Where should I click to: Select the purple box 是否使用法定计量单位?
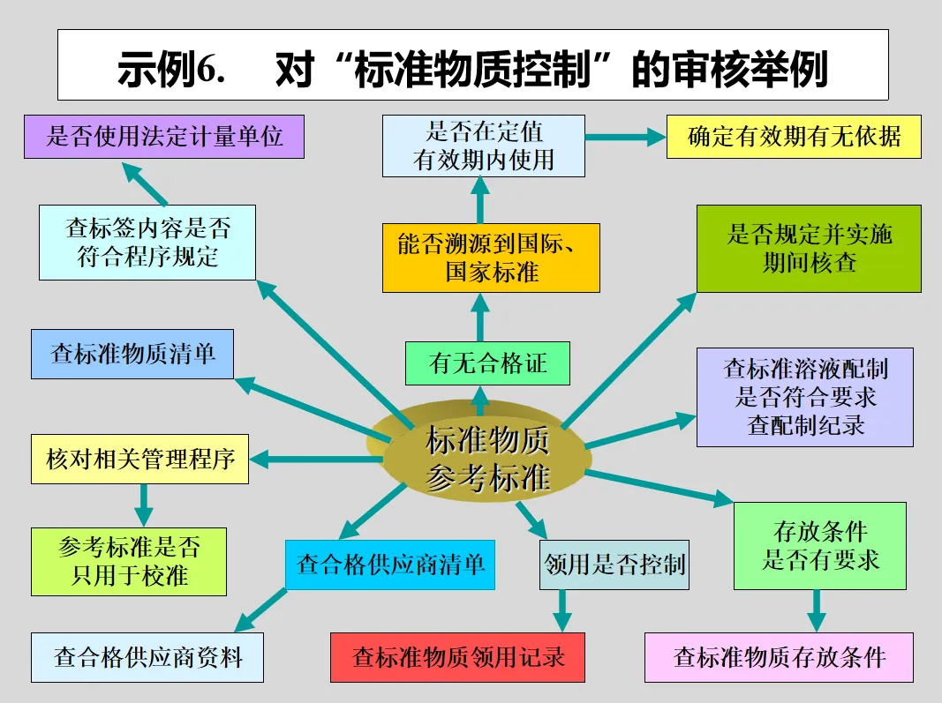click(x=164, y=136)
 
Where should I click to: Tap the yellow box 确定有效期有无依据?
click(x=794, y=138)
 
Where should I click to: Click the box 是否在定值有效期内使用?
click(x=484, y=146)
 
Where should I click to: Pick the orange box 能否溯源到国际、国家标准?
click(x=491, y=257)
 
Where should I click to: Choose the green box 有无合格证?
click(x=487, y=363)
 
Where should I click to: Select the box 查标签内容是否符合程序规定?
click(x=147, y=243)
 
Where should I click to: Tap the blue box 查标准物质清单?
click(x=132, y=355)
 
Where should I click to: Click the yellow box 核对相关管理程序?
click(x=139, y=459)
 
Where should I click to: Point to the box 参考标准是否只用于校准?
click(x=129, y=561)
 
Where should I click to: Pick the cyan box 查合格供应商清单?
click(x=389, y=565)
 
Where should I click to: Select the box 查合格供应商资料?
click(x=147, y=657)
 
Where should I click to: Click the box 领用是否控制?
click(x=614, y=565)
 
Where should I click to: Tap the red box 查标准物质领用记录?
click(x=457, y=657)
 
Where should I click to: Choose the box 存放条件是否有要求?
click(x=820, y=546)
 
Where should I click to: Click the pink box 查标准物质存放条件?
click(x=779, y=657)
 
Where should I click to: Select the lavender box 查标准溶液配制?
click(x=805, y=396)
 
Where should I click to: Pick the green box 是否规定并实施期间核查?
click(x=809, y=248)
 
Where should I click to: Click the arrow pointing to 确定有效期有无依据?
click(x=625, y=137)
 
